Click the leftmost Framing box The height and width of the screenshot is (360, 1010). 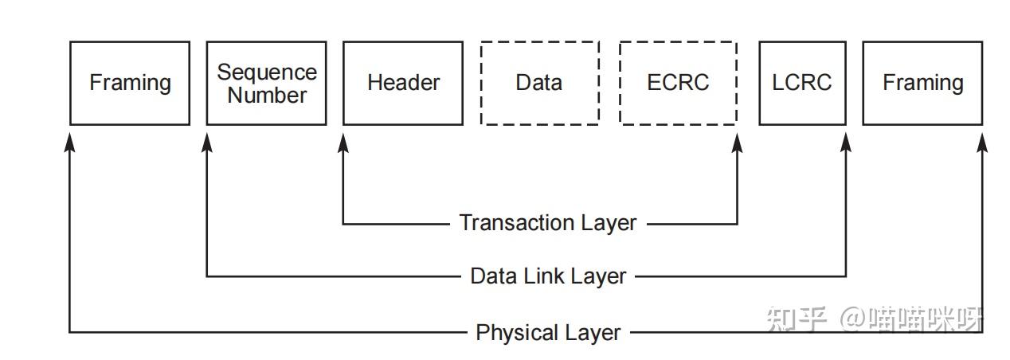coord(130,83)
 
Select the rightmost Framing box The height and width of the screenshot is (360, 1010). coord(922,83)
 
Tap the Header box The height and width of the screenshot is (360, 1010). coord(403,83)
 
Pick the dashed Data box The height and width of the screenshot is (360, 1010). coord(539,83)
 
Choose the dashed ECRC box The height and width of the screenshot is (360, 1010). coord(678,83)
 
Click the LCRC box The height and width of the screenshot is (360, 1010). coord(802,83)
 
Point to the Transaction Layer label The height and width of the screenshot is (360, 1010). coord(548,223)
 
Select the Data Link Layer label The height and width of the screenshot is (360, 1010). coord(548,276)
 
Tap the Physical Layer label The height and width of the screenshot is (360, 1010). coord(548,332)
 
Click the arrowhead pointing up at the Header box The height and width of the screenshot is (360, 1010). coord(343,143)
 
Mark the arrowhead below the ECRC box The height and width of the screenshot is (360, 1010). coord(737,143)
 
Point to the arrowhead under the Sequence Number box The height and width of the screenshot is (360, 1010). coord(207,143)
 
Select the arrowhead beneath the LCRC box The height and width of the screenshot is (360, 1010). coord(846,143)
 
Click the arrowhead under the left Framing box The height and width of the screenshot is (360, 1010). coord(70,143)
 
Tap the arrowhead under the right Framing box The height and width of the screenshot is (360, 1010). coord(982,143)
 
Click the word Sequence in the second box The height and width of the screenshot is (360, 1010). coord(267,72)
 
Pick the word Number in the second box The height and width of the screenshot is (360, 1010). coord(267,95)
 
